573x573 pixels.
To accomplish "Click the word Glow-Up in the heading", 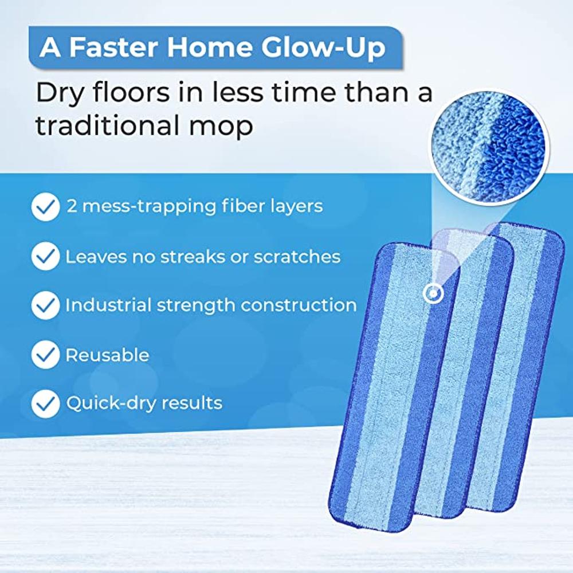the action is point(323,48).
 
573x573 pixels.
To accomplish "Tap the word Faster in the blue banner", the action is point(113,47).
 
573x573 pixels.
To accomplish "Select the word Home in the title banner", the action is point(209,47).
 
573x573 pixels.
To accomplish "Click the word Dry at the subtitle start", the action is point(60,94).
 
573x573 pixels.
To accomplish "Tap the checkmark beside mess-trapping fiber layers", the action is point(45,207).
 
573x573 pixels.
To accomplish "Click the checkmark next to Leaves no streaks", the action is point(45,256).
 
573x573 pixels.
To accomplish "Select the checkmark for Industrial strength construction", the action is point(45,305).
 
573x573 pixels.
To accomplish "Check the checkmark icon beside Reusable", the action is point(45,355).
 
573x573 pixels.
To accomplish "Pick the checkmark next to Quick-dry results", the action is point(45,403).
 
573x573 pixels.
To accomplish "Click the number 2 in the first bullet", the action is point(72,206).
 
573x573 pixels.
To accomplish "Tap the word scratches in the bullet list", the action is point(297,257).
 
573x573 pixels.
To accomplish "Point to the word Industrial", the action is point(108,305).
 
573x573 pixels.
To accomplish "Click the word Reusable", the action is point(108,355).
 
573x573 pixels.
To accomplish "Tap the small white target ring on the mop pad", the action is point(433,293).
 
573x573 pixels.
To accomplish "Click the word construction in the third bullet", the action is point(299,305).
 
